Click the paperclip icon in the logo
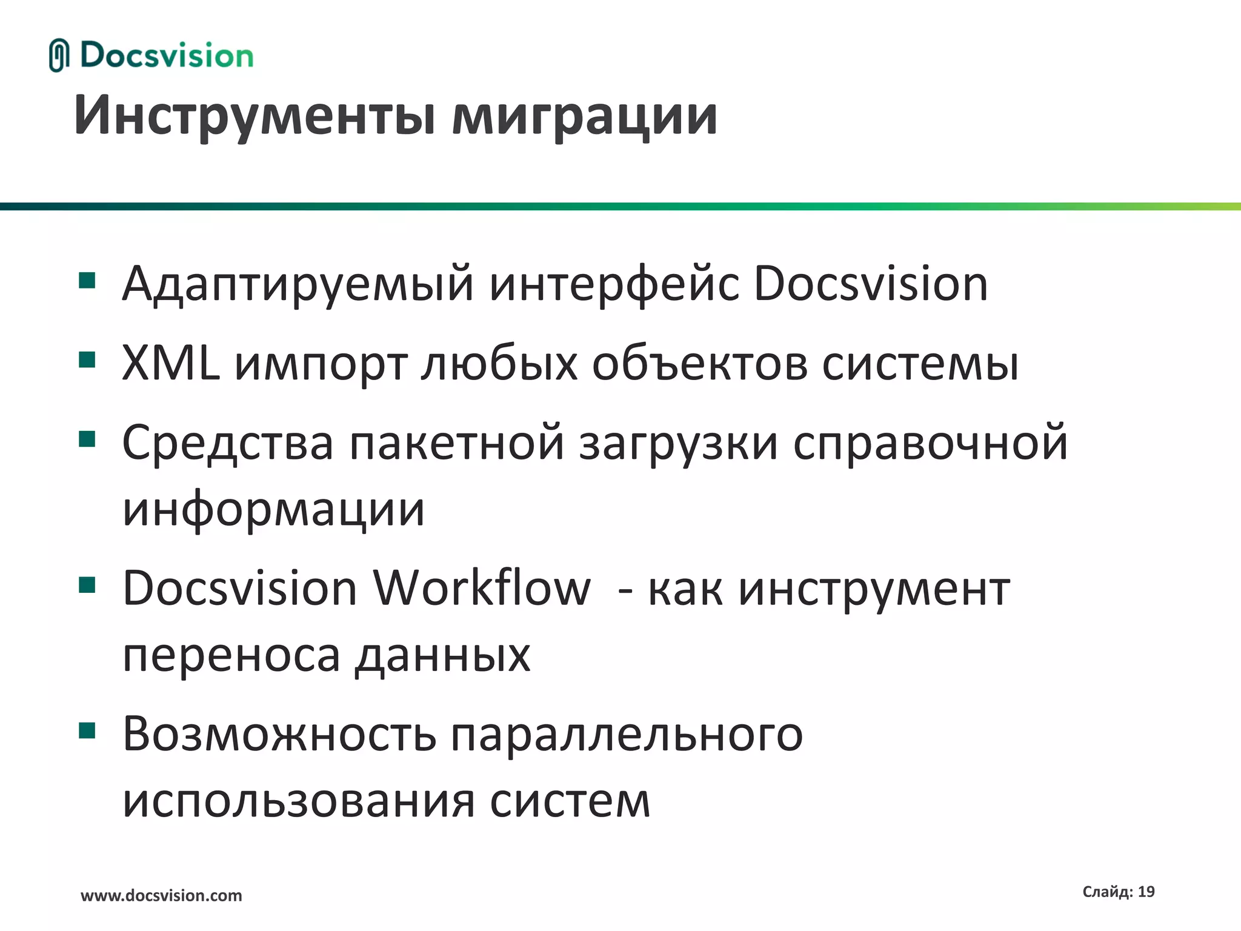tap(59, 55)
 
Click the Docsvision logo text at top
tap(167, 56)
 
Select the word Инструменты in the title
tap(255, 115)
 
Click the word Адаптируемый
tap(298, 284)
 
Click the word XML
tap(171, 363)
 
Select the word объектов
tap(700, 364)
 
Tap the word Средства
tap(228, 442)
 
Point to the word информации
tap(273, 509)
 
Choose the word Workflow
tap(481, 588)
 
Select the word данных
tap(443, 656)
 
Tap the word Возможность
tap(279, 734)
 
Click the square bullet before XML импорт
tap(87, 360)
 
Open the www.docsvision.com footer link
tap(161, 895)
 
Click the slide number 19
tap(1146, 892)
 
